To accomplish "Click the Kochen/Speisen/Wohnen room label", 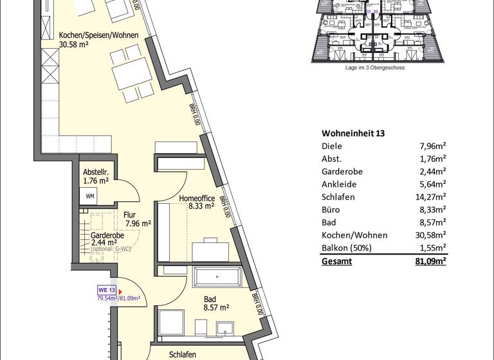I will point(98,35).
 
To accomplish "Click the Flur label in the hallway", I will point(129,215).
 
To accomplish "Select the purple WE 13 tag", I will point(106,289).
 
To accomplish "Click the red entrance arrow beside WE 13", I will point(120,290).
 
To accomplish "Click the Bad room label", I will point(210,299).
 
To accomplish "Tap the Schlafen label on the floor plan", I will point(183,354).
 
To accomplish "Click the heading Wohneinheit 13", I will point(352,133).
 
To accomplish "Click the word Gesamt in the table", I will point(336,262).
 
